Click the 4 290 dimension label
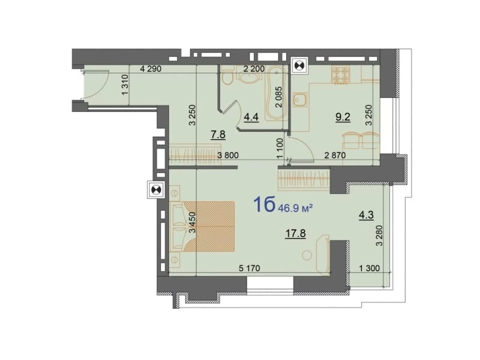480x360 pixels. click(151, 69)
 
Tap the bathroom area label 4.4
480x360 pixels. click(251, 117)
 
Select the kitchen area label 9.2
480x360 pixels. click(343, 117)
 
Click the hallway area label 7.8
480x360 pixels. click(218, 135)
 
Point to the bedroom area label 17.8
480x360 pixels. click(295, 233)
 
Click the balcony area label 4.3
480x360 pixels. click(366, 215)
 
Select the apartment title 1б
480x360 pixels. click(264, 205)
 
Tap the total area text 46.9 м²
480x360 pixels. click(295, 208)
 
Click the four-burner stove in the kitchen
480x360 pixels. click(341, 74)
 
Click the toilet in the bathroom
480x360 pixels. click(227, 77)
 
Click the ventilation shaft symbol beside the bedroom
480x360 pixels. click(156, 190)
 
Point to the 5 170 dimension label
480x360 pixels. click(249, 268)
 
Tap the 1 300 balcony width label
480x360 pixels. click(369, 268)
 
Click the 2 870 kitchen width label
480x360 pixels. click(335, 155)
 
